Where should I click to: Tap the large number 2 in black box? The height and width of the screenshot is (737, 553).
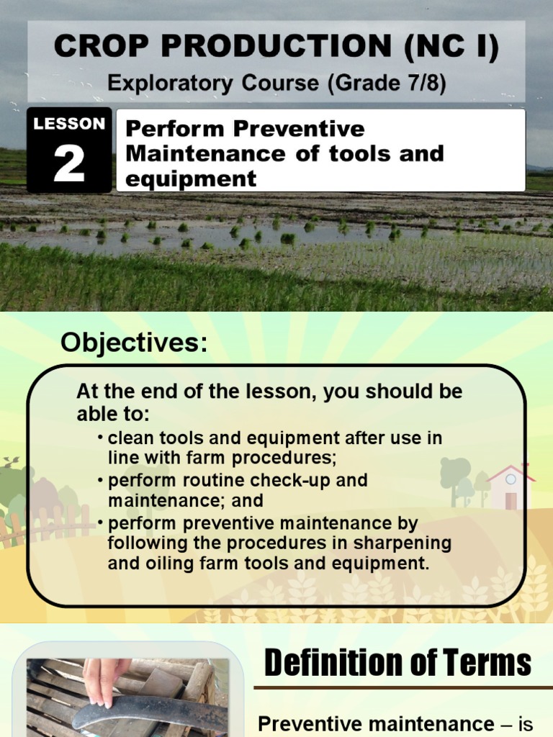point(69,165)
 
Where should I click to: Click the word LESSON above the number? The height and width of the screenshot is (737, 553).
point(69,124)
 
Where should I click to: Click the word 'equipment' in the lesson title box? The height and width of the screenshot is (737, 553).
point(191,178)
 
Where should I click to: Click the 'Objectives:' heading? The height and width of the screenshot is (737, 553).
point(134,343)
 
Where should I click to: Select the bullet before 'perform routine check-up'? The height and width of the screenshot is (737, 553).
point(101,480)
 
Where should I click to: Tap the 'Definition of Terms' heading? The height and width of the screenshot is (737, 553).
point(397,663)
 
